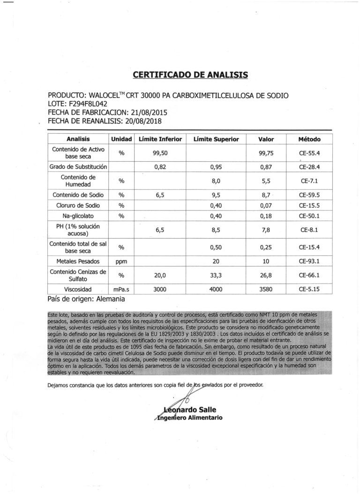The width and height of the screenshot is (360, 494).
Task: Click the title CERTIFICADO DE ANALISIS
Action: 190,75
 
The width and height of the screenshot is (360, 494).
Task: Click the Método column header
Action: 309,139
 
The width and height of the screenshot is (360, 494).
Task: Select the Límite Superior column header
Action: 216,139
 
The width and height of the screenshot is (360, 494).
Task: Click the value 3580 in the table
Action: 266,289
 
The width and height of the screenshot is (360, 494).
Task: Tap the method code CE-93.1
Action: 309,260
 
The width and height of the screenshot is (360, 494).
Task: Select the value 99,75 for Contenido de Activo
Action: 266,152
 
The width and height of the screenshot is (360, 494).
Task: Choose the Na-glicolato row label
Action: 78,216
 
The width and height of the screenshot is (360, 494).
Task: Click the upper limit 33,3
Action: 216,275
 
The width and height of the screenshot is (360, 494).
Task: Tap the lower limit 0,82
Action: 161,166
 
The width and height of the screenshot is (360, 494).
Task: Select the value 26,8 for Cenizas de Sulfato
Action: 266,275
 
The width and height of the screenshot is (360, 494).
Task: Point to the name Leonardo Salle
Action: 190,409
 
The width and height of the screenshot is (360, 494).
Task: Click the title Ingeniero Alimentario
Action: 189,417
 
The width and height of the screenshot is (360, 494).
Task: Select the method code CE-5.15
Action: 309,289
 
